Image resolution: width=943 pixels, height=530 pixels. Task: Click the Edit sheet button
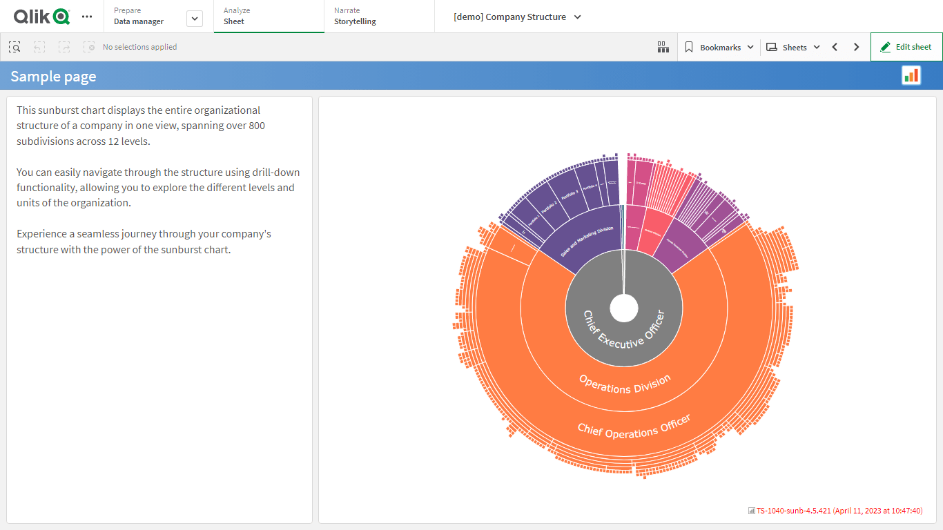[906, 47]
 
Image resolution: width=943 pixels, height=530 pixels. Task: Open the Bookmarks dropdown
[719, 47]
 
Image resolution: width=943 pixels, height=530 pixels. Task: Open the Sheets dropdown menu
[793, 47]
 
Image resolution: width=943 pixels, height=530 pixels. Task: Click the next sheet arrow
[856, 47]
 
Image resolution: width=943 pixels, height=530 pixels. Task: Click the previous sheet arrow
[835, 47]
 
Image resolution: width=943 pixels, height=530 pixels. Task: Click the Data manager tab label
[139, 21]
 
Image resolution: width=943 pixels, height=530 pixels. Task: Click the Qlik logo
[41, 17]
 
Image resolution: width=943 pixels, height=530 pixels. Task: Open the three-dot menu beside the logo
[87, 17]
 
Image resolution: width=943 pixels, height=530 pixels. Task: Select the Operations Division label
[624, 384]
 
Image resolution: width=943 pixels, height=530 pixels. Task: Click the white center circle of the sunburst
[624, 308]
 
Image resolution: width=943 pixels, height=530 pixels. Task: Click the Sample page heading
[53, 77]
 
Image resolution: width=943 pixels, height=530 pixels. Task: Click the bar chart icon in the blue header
[911, 75]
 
